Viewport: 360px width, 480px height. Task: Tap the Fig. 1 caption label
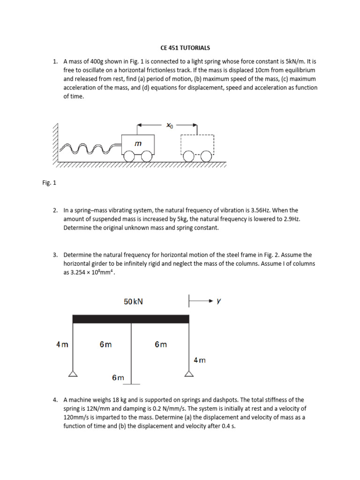(49, 183)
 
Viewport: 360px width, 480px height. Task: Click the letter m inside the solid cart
(138, 144)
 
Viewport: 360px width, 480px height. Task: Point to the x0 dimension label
(169, 125)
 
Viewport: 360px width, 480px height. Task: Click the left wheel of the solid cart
(128, 157)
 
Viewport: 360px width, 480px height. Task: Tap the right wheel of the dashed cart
(206, 157)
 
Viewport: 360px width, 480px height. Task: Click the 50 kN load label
(133, 302)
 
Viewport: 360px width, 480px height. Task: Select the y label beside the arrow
(218, 301)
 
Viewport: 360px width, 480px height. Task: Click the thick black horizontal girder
(131, 319)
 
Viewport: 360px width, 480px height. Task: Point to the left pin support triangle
(73, 374)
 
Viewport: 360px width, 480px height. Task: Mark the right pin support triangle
(189, 374)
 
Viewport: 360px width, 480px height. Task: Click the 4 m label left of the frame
(62, 345)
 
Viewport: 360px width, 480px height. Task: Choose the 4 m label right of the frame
(200, 360)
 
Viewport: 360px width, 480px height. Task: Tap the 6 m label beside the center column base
(118, 377)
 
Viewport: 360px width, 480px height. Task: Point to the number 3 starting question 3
(55, 255)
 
